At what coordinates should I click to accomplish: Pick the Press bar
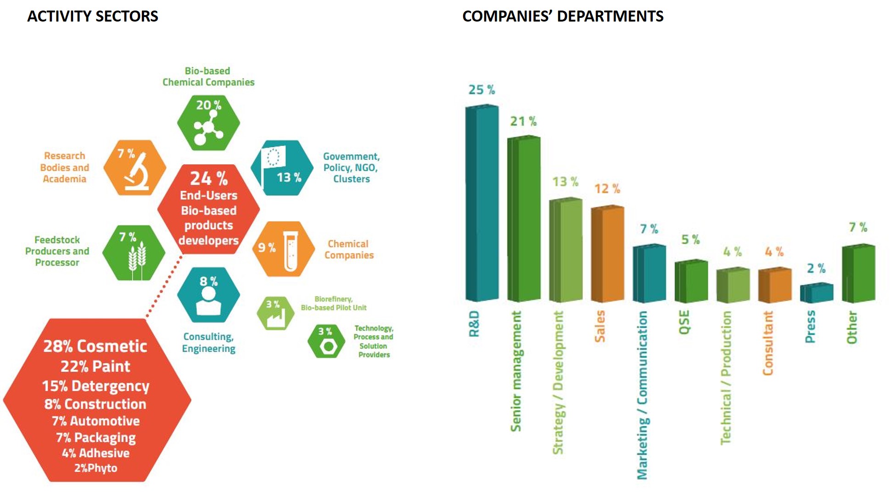[x=816, y=293]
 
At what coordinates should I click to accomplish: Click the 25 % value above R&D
[x=482, y=90]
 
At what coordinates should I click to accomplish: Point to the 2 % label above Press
[x=816, y=268]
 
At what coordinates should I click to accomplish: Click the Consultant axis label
[x=767, y=343]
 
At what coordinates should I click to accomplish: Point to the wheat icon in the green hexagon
[x=137, y=260]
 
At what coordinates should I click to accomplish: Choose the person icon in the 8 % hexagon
[x=208, y=302]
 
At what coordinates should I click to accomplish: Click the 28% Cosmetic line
[x=95, y=346]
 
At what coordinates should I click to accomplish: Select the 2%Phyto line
[x=96, y=468]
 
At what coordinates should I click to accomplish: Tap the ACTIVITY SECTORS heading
[x=93, y=17]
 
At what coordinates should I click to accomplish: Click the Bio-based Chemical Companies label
[x=208, y=77]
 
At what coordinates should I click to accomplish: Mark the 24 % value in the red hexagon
[x=209, y=178]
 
